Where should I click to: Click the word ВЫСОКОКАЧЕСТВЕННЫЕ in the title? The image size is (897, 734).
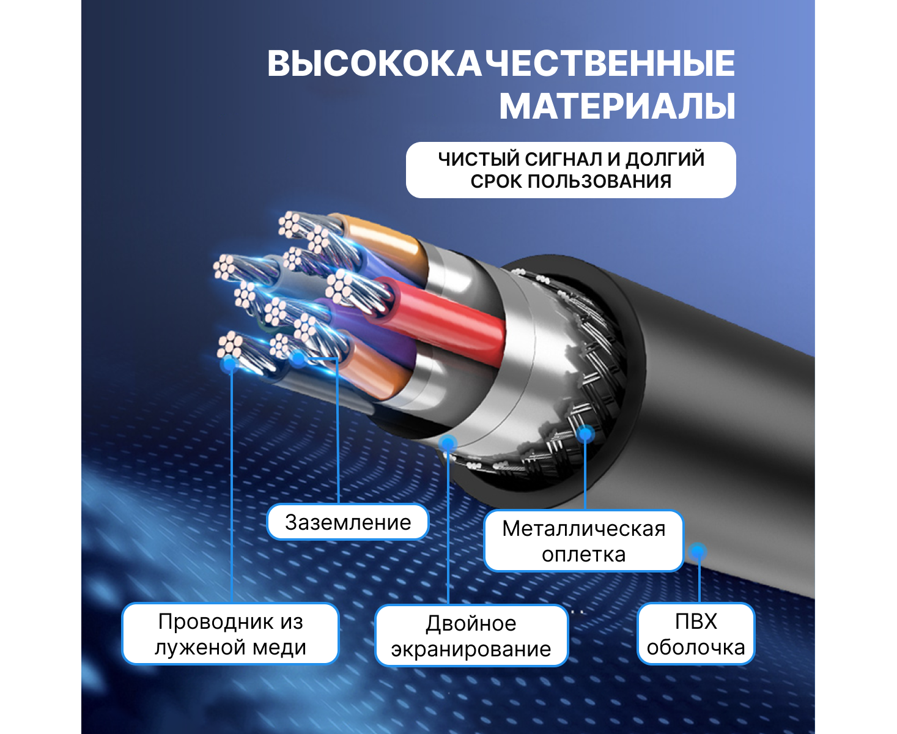click(501, 64)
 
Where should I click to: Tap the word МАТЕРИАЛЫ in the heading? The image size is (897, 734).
click(617, 106)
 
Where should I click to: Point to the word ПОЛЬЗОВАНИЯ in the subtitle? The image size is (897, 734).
click(599, 182)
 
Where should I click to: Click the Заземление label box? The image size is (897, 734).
click(347, 522)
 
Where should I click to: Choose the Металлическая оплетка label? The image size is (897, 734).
click(583, 541)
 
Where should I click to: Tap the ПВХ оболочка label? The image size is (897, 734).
click(696, 634)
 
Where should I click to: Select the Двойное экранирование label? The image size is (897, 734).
click(471, 636)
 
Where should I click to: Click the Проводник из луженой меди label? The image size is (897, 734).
click(230, 634)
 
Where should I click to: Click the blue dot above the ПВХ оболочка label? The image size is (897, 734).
click(698, 552)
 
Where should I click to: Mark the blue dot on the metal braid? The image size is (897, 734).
click(586, 434)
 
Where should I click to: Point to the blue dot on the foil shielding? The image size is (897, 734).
click(448, 444)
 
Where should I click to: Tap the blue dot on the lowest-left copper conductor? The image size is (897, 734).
click(231, 364)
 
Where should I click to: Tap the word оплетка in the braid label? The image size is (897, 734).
click(583, 555)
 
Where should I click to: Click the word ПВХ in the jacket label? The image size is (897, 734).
click(696, 621)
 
